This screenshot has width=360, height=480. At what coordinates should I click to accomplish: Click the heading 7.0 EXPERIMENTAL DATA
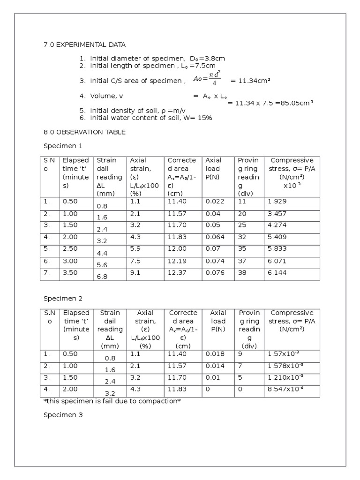(85, 45)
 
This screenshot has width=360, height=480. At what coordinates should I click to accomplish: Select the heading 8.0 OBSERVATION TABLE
(84, 132)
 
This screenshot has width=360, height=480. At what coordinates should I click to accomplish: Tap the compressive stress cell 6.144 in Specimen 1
(277, 272)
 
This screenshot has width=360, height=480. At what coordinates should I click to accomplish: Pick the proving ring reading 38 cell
(243, 272)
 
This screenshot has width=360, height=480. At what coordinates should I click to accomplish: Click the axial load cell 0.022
(215, 201)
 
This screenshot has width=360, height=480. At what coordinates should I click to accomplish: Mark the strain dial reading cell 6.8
(102, 277)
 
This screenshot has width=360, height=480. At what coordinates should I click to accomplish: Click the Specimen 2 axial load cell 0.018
(215, 353)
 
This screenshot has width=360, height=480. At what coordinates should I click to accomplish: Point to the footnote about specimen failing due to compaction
(112, 401)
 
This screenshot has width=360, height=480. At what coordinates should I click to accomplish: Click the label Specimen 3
(63, 414)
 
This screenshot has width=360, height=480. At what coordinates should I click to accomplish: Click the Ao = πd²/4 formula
(207, 80)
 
